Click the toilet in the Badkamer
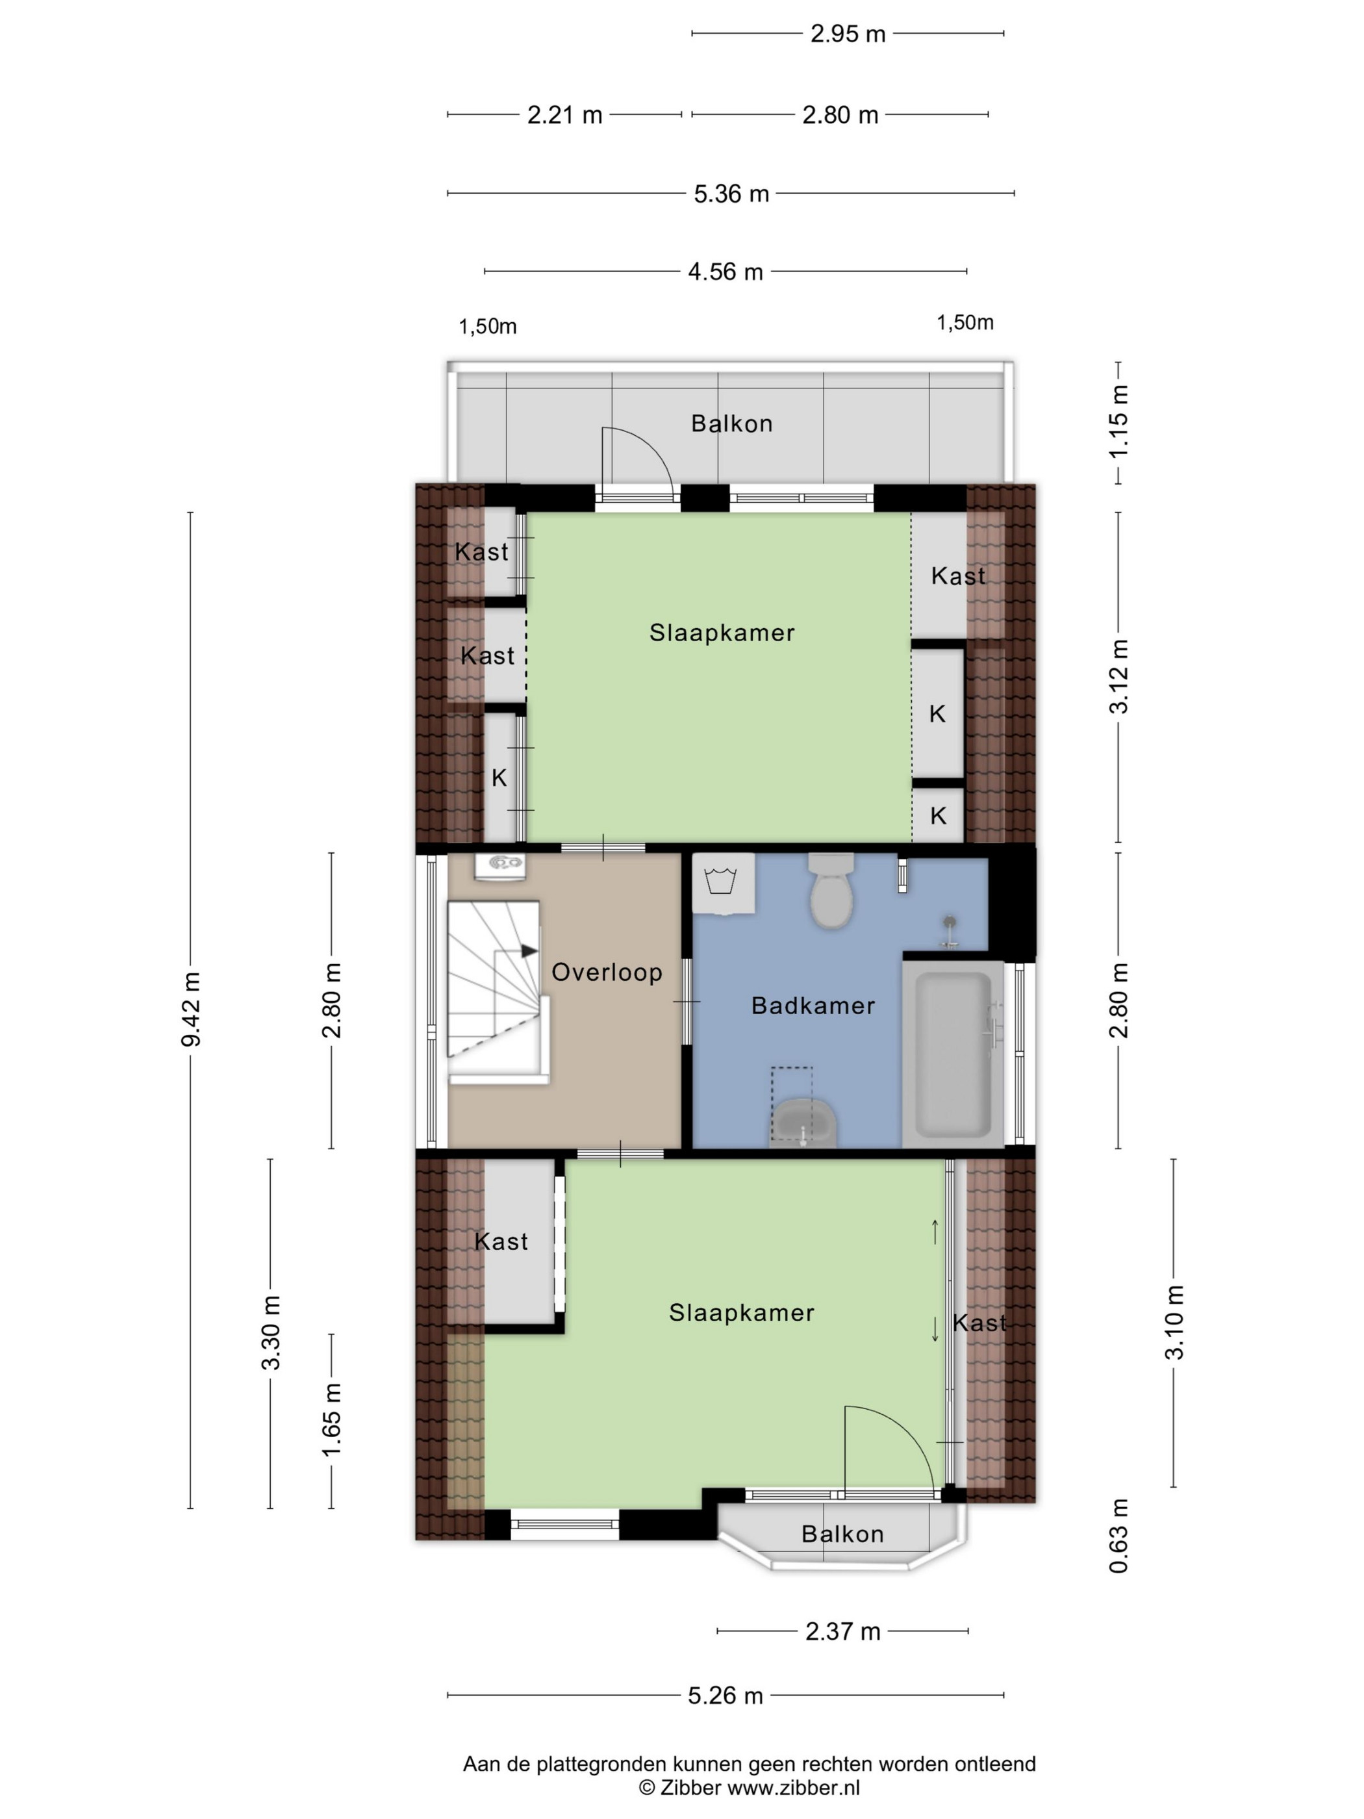pos(831,890)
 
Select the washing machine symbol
pos(724,883)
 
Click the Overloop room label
pos(607,972)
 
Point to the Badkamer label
pos(813,1005)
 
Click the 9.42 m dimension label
pos(191,1009)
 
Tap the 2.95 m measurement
pos(848,34)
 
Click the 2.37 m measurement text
pos(842,1631)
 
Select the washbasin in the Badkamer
pos(803,1123)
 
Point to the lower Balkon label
pos(842,1534)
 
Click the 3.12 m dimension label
pos(1119,677)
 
